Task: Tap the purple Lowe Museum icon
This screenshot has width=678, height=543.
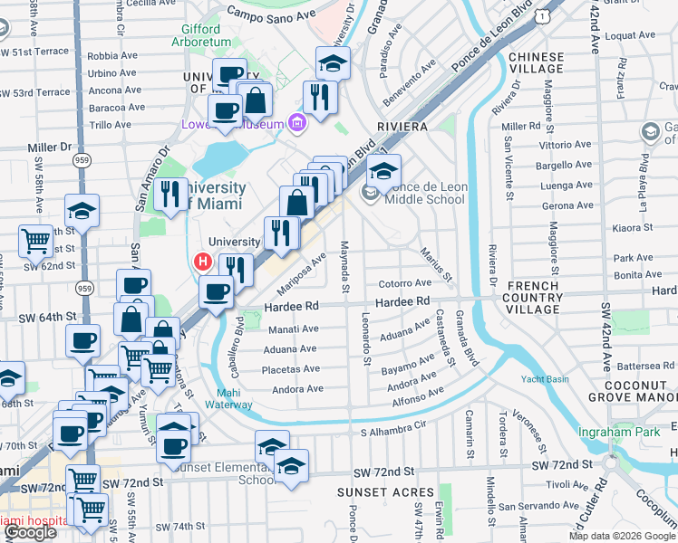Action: tap(295, 122)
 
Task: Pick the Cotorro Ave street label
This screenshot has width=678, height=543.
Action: tap(404, 283)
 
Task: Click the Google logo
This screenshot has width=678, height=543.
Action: tap(30, 532)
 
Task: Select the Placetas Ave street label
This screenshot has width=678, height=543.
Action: tap(291, 369)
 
